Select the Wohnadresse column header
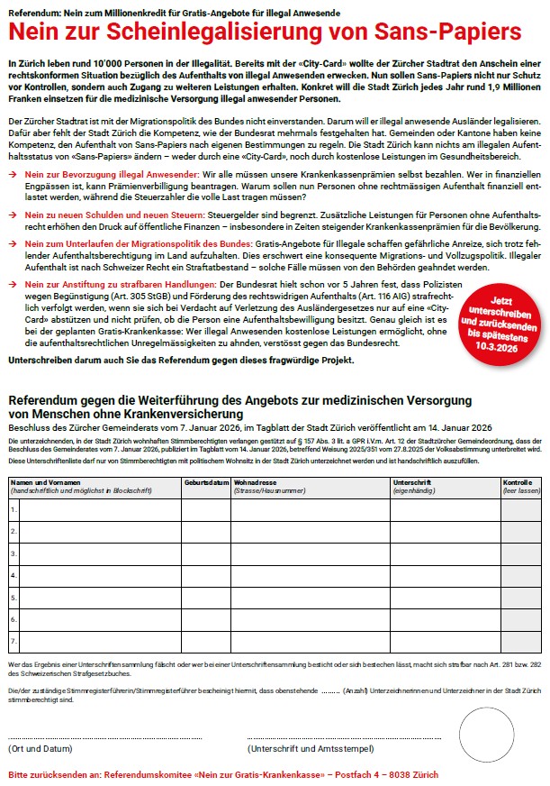coord(257,482)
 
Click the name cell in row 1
coord(99,510)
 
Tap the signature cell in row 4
coord(445,574)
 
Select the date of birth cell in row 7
coord(206,641)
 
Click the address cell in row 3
coord(310,553)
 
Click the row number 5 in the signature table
coord(14,597)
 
